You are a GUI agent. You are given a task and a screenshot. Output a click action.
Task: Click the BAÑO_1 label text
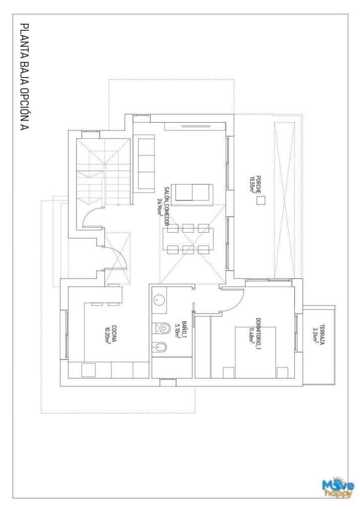click(184, 328)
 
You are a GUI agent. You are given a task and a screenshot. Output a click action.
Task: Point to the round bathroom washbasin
click(159, 300)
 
